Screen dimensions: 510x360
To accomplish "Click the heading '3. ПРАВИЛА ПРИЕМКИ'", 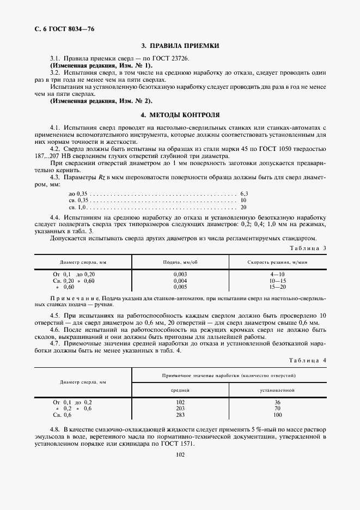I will click(180, 46).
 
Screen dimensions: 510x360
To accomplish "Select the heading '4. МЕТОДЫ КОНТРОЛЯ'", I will click(180, 116).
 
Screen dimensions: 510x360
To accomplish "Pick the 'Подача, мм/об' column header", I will click(180, 262).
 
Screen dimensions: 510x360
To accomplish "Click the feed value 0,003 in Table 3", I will click(180, 274).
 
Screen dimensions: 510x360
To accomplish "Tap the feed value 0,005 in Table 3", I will click(180, 287).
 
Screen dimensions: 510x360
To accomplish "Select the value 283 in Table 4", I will click(181, 415).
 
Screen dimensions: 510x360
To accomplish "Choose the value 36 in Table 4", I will click(278, 402).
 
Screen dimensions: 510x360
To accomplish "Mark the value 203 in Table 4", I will click(181, 408).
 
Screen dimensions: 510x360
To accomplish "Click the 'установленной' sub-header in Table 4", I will click(278, 390).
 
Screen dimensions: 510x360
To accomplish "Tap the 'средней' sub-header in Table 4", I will click(181, 390).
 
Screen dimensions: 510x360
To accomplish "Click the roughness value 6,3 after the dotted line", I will click(243, 193).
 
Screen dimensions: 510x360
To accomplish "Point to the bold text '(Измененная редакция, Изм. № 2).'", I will click(101, 101).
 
